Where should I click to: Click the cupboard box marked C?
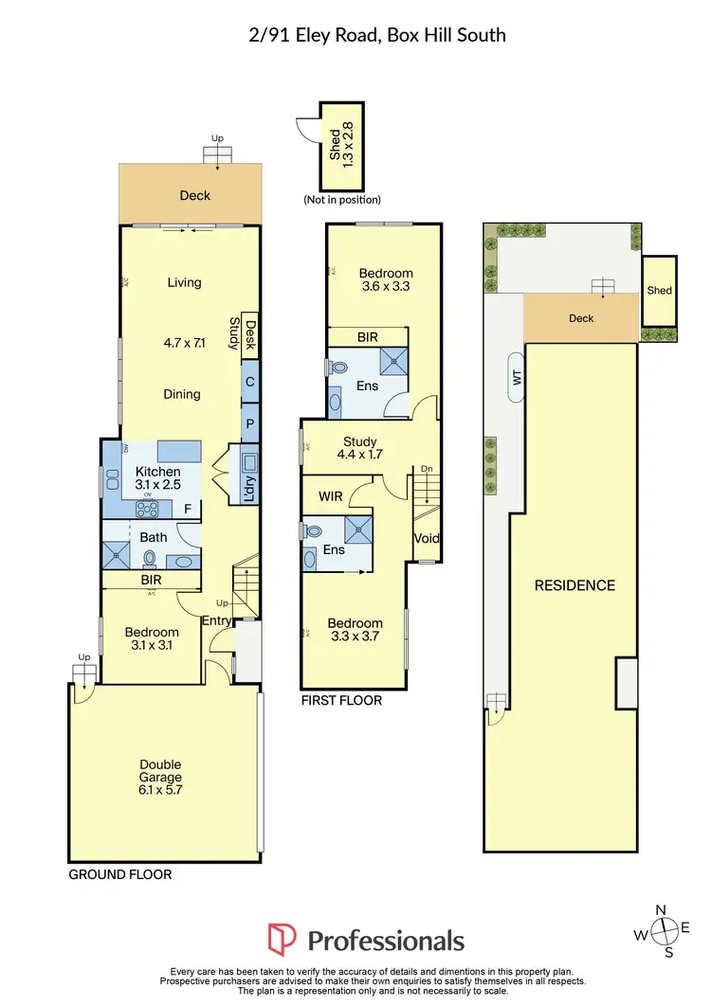tap(250, 382)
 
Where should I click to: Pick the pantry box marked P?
tap(250, 424)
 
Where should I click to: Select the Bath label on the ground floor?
tap(154, 537)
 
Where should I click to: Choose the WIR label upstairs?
tap(331, 495)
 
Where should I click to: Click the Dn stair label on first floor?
tap(428, 469)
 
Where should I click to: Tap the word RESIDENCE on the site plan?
tap(575, 585)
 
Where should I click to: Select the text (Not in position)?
tap(342, 200)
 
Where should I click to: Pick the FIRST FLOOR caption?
tap(341, 701)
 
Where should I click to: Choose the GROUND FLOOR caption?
tap(120, 874)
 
